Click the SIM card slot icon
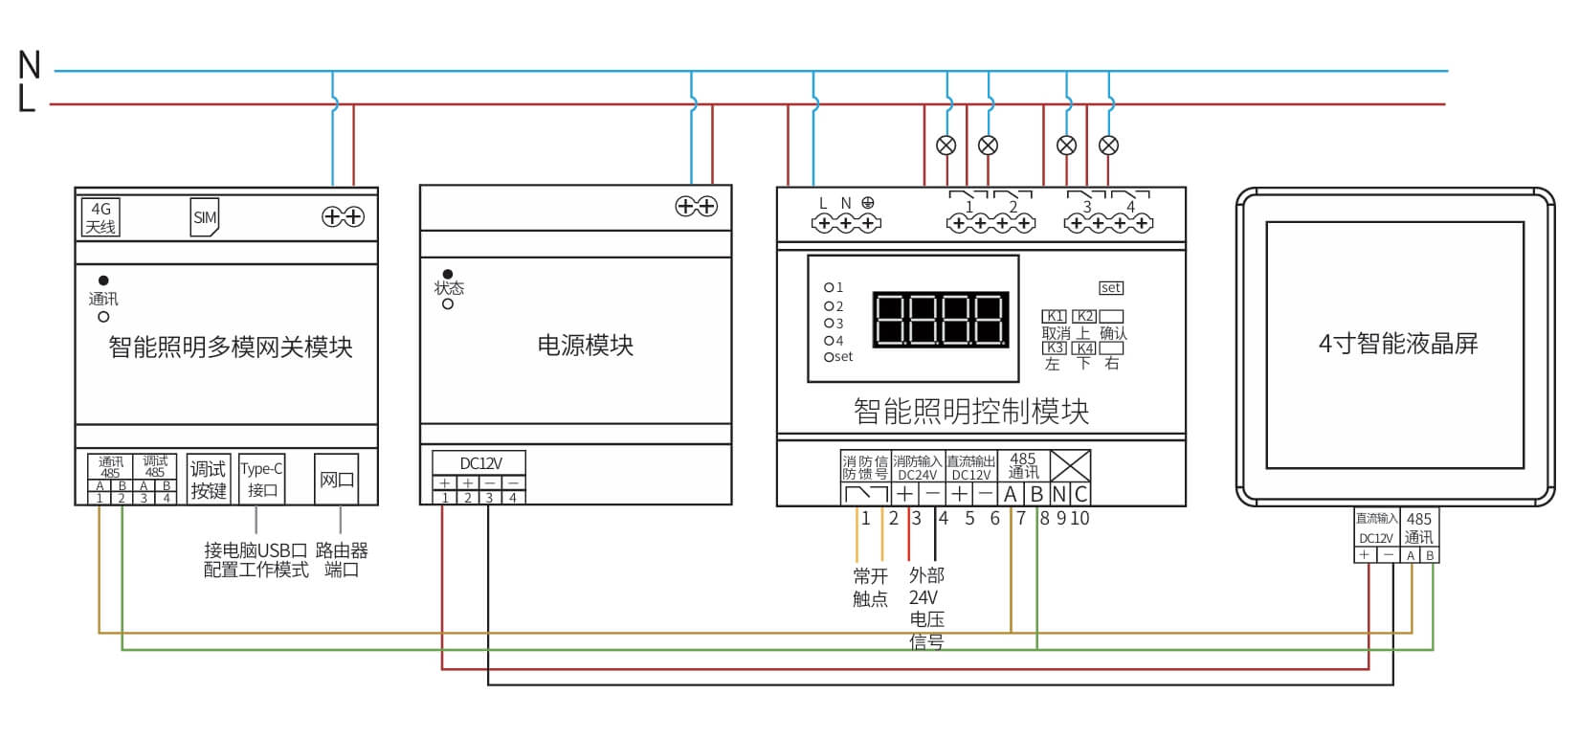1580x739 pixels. pos(205,217)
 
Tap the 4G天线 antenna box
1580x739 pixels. pos(100,218)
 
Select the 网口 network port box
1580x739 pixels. pos(336,480)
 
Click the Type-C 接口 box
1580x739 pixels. pos(261,479)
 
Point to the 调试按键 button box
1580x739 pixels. pos(208,479)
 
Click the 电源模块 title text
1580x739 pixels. pos(585,345)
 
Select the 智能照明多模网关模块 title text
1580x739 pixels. pos(230,347)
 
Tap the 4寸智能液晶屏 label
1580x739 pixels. pos(1397,344)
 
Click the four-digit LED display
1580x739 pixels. pos(940,319)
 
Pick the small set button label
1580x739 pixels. pos(1110,287)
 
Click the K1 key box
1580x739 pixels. pos(1054,316)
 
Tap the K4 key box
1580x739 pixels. pos(1084,348)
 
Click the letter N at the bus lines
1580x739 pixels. pos(30,65)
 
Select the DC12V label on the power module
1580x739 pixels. pos(480,463)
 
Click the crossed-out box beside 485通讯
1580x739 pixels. pos(1070,466)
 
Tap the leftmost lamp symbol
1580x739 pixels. pos(946,146)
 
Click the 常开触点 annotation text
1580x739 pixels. pos(870,587)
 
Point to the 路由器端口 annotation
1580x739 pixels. pos(342,560)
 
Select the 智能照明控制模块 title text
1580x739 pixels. pos(970,412)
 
